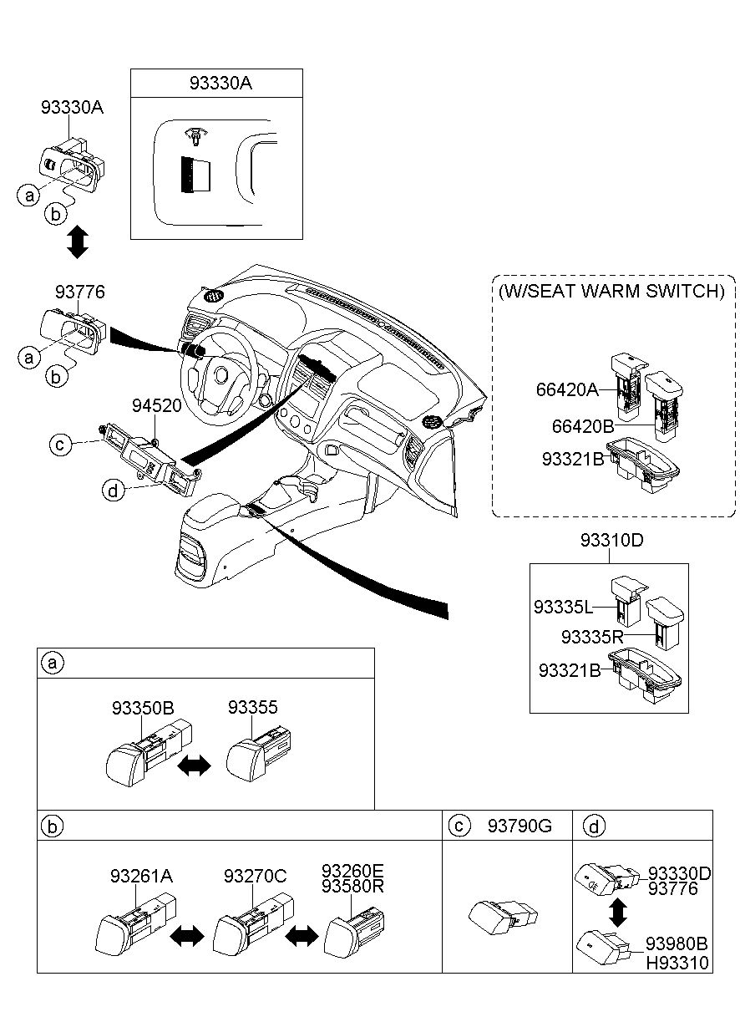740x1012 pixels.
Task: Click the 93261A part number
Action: point(141,876)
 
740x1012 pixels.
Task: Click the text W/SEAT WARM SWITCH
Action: point(611,291)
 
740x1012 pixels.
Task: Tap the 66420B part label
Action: point(583,426)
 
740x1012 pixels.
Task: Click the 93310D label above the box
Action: point(611,541)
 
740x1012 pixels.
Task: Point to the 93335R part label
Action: point(591,638)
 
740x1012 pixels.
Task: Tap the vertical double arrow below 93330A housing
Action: point(77,241)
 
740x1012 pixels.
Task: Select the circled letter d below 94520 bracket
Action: point(114,490)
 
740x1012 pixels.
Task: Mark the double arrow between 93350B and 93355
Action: point(195,765)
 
